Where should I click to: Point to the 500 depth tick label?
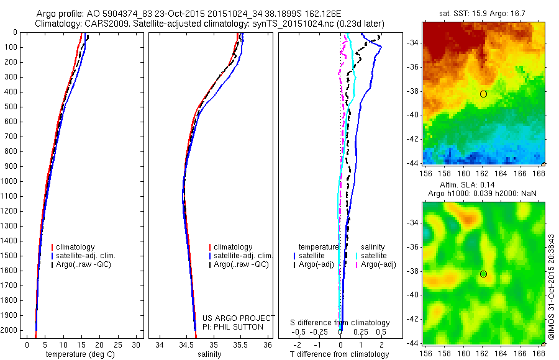[x=11, y=107]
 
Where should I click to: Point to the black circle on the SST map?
[x=483, y=94]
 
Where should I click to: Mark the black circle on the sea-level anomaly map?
[x=483, y=274]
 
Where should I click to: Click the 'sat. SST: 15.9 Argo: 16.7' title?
[x=483, y=14]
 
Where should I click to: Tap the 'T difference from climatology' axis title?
[x=340, y=354]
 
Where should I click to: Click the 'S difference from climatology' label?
[x=340, y=323]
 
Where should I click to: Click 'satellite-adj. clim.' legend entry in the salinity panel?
[x=243, y=256]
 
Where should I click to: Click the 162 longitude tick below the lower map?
[x=483, y=353]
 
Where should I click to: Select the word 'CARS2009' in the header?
[x=102, y=24]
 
